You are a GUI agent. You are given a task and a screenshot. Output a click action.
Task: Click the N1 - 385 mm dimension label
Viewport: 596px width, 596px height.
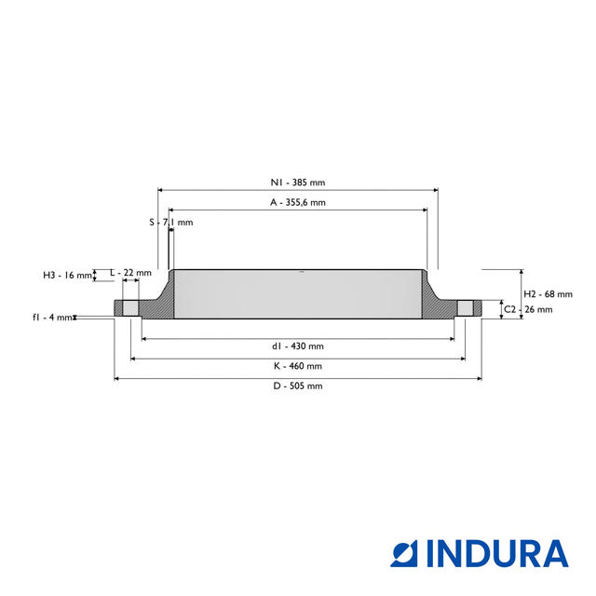coord(298,183)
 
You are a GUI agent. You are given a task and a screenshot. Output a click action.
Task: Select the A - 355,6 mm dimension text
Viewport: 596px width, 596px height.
coord(298,202)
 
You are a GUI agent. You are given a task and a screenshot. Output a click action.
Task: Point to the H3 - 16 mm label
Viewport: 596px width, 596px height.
coord(68,275)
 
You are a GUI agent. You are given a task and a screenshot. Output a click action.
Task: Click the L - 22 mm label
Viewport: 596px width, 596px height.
coord(130,272)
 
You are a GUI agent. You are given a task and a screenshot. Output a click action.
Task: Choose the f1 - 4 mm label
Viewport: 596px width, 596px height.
coord(51,318)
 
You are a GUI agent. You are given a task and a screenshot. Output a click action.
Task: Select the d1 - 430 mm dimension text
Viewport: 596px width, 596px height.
coord(298,346)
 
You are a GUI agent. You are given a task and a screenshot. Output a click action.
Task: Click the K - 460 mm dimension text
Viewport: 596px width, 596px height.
coord(298,366)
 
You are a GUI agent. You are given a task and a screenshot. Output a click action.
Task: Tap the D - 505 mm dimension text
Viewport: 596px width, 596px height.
coord(298,386)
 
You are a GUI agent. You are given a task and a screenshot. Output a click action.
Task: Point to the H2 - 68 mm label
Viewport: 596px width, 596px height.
coord(548,294)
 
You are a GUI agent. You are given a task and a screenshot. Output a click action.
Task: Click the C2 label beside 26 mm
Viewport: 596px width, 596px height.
coord(509,308)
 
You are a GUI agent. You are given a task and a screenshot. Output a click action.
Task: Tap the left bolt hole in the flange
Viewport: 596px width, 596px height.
coord(131,308)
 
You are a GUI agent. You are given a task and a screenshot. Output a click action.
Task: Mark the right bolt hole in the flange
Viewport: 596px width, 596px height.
coord(465,308)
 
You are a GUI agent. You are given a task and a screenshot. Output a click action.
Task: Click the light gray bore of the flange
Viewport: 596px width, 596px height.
coord(298,293)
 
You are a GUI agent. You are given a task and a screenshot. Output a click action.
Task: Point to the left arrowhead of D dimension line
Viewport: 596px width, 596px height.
coord(116,378)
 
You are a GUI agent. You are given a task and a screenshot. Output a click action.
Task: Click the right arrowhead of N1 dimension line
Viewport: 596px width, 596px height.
coord(435,189)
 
